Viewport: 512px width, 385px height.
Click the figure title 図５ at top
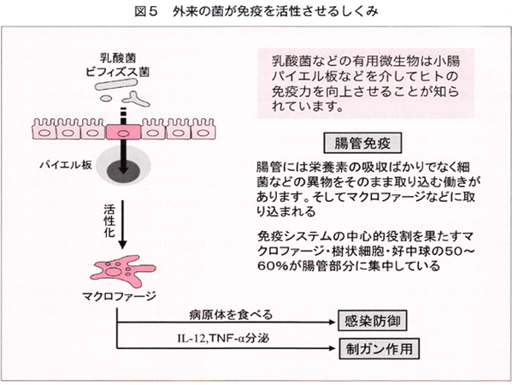(x=146, y=12)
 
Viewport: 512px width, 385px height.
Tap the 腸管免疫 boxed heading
(x=362, y=143)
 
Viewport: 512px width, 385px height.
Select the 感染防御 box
(x=372, y=321)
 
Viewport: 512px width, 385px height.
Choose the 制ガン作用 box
(x=379, y=349)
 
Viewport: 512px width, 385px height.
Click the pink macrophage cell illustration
(x=123, y=270)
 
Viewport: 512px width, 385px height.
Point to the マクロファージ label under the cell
(x=119, y=296)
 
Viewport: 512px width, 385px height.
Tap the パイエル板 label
(x=66, y=165)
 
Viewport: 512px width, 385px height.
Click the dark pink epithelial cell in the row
(x=123, y=133)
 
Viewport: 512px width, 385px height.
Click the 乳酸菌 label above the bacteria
(x=118, y=58)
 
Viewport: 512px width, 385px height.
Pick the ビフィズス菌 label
(x=118, y=72)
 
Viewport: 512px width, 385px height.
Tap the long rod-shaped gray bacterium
(x=115, y=85)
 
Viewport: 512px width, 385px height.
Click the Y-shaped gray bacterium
(x=136, y=99)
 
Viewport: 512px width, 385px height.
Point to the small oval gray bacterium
(x=106, y=98)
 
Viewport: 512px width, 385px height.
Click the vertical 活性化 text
(x=109, y=221)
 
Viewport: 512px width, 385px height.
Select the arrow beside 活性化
(x=122, y=225)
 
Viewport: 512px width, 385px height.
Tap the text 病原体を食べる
(x=231, y=315)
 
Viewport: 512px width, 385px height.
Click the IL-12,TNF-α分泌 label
(x=223, y=338)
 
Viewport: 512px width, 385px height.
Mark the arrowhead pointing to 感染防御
(x=333, y=323)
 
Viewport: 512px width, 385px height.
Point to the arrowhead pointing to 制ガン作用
(x=333, y=348)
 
